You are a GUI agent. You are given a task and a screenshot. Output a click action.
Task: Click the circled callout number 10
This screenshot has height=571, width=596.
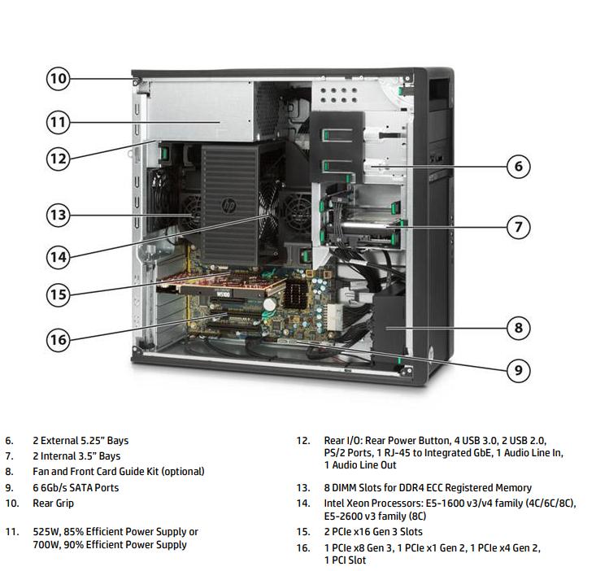tap(57, 79)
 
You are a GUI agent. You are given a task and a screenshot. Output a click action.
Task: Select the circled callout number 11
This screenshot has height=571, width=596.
tap(57, 122)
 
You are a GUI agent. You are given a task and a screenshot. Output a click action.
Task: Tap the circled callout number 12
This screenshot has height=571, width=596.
tap(57, 159)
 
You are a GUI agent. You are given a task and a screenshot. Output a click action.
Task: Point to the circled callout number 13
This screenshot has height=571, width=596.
tap(57, 216)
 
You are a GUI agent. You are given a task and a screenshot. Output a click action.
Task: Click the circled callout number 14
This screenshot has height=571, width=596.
tap(57, 256)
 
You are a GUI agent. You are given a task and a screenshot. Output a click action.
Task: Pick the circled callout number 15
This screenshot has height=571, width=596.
tap(57, 294)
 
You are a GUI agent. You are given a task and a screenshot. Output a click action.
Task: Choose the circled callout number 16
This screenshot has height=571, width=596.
tap(57, 339)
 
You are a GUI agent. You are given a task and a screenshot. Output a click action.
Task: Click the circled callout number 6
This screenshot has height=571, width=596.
tap(519, 167)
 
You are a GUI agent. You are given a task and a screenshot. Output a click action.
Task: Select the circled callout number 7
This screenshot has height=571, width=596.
tap(519, 226)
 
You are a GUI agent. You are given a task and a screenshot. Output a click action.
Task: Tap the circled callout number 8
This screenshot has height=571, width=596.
tap(519, 328)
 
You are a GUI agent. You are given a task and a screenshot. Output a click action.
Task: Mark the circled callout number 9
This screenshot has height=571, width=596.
tap(519, 371)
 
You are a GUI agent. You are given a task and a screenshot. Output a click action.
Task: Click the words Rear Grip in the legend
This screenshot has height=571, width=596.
tap(53, 503)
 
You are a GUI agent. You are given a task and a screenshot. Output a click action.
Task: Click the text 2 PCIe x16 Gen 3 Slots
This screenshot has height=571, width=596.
tap(374, 532)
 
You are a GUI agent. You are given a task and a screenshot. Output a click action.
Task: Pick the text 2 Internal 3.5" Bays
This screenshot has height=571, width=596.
tap(76, 456)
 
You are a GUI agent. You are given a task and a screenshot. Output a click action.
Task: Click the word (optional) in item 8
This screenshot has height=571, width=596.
tap(181, 472)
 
